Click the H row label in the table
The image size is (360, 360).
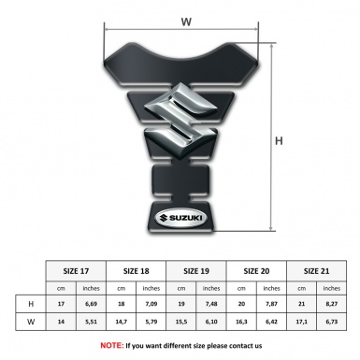[x=32, y=305]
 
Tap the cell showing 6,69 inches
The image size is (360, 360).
[x=92, y=305]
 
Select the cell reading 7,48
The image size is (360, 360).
[x=212, y=305]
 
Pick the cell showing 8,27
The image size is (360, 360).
[x=333, y=305]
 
